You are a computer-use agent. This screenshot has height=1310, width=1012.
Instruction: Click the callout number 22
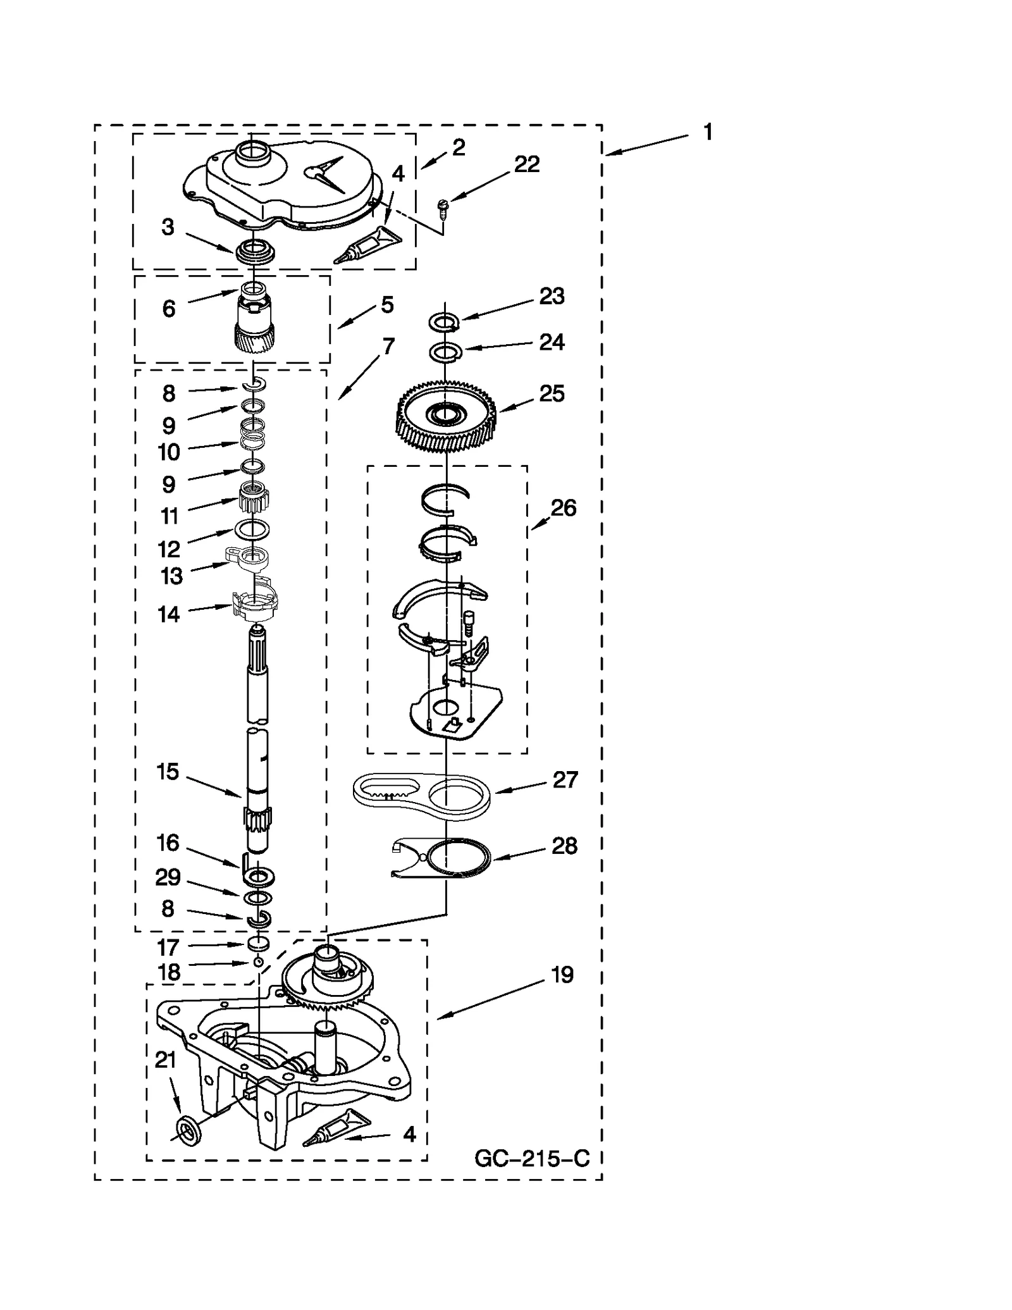(x=526, y=164)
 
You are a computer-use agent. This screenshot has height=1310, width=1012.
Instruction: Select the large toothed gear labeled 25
(x=446, y=417)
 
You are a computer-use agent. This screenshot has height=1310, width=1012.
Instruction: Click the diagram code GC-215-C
(x=532, y=1158)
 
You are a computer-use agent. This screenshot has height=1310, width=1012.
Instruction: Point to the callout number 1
(x=708, y=132)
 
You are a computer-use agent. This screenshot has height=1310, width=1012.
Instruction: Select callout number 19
(x=562, y=974)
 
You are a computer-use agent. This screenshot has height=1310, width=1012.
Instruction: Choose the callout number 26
(x=563, y=507)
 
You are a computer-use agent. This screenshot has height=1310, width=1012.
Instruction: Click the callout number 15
(x=168, y=771)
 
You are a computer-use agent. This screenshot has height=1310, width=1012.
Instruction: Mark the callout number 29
(x=168, y=877)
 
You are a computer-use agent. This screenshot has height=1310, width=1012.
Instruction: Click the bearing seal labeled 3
(x=255, y=251)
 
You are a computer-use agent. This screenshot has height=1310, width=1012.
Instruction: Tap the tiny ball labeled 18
(x=258, y=962)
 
